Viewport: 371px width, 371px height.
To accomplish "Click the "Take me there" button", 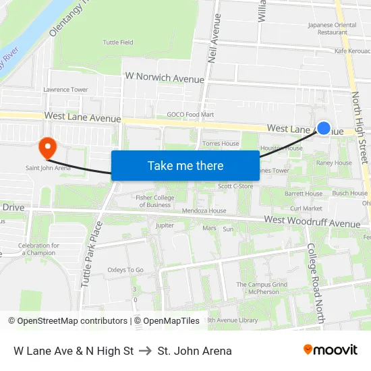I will (x=185, y=165).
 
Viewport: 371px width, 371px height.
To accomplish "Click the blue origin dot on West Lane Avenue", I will (x=324, y=127).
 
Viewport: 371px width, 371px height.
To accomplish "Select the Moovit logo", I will (x=330, y=350).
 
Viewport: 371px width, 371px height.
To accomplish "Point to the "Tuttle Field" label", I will (x=118, y=42).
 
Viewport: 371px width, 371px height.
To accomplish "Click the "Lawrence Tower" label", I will (x=65, y=90).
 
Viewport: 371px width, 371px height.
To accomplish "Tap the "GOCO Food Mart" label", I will (x=190, y=115).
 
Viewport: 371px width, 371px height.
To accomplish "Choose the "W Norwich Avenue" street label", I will (x=165, y=78).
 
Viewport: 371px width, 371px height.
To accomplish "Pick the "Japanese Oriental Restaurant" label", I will (x=332, y=28).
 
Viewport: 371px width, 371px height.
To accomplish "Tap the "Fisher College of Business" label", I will (x=154, y=201).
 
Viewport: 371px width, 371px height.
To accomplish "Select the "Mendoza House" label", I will (x=208, y=211).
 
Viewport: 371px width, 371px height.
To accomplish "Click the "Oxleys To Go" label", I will (x=125, y=270).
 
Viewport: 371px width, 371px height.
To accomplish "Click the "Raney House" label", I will (x=334, y=163).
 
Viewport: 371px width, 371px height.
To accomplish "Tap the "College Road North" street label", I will (x=314, y=283).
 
